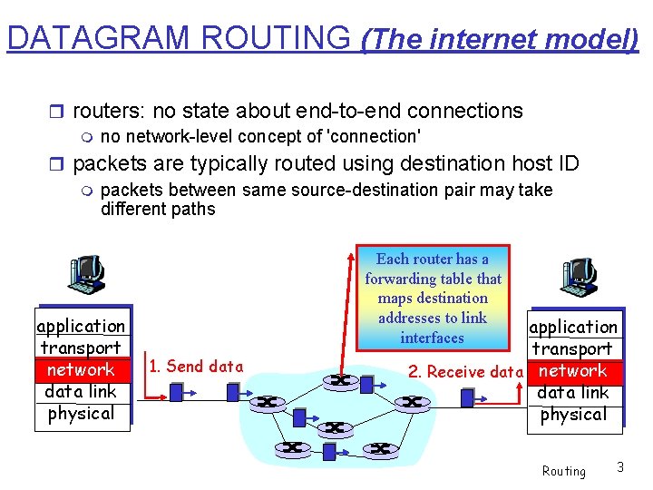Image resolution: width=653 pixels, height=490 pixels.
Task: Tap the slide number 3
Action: (x=620, y=467)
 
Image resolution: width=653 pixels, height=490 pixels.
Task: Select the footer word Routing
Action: (x=563, y=471)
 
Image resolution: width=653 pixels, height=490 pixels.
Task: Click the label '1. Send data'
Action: (x=196, y=367)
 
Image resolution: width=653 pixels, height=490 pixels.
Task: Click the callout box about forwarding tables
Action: (x=433, y=298)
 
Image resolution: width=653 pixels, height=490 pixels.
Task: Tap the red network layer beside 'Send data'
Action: (x=81, y=369)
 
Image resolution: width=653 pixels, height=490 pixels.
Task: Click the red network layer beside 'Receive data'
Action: (x=572, y=370)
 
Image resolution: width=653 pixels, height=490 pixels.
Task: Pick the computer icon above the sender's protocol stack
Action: (x=87, y=275)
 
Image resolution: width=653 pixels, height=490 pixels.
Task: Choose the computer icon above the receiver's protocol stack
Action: (x=578, y=276)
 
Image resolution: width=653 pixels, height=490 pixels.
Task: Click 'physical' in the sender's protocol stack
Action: (x=81, y=413)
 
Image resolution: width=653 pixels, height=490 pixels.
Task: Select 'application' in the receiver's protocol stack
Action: (x=573, y=327)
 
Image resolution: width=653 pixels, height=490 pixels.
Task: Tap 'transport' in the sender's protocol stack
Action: (x=81, y=348)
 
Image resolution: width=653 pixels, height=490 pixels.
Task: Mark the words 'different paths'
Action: (x=158, y=209)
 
